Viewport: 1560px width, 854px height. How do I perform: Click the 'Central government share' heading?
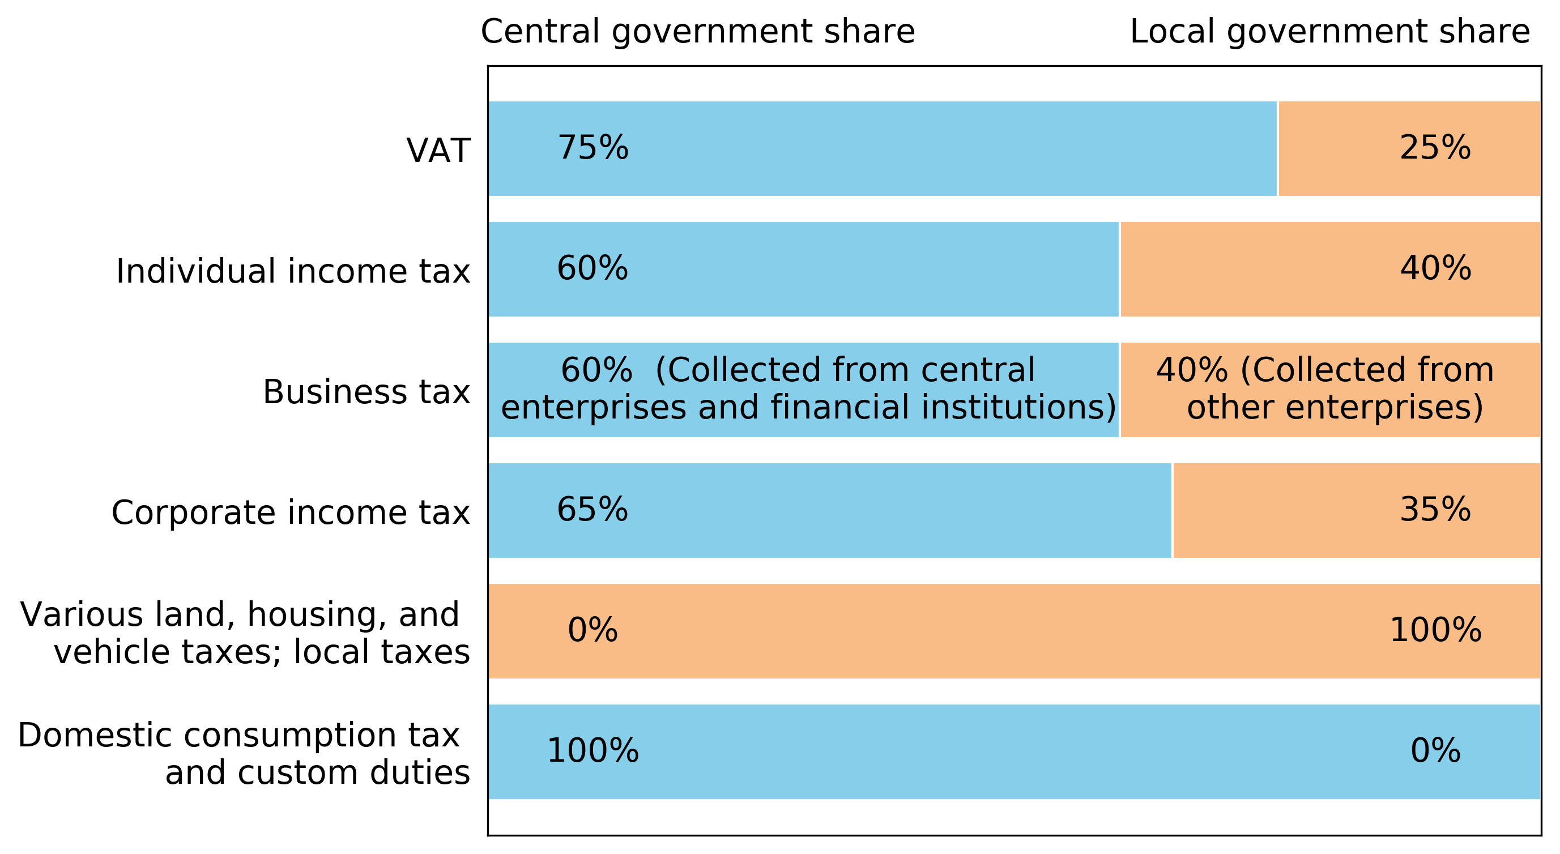pyautogui.click(x=698, y=32)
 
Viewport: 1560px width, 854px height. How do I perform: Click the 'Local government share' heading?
pyautogui.click(x=1330, y=32)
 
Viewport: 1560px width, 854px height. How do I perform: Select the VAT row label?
pyautogui.click(x=438, y=151)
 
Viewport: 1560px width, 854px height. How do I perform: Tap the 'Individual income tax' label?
pyautogui.click(x=292, y=271)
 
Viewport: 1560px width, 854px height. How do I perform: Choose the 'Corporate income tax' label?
pyautogui.click(x=290, y=512)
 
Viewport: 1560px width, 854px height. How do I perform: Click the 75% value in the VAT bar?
pyautogui.click(x=593, y=148)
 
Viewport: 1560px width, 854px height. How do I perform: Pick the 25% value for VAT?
pyautogui.click(x=1435, y=148)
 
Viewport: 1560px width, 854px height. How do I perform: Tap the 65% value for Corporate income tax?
pyautogui.click(x=593, y=509)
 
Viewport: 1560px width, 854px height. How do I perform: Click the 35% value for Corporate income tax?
pyautogui.click(x=1435, y=509)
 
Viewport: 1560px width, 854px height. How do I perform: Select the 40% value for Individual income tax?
pyautogui.click(x=1435, y=268)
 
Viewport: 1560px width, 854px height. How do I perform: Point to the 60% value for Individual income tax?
pyautogui.click(x=593, y=268)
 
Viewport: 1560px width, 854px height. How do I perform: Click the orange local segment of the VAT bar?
pyautogui.click(x=1344, y=176)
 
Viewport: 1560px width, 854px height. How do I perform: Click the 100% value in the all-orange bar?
pyautogui.click(x=1435, y=630)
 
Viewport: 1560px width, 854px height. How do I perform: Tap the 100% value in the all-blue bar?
pyautogui.click(x=593, y=751)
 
